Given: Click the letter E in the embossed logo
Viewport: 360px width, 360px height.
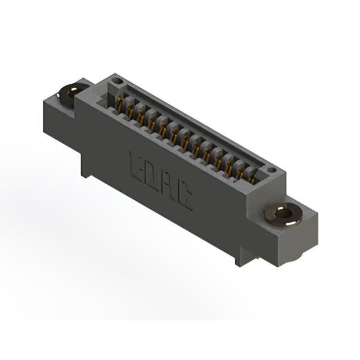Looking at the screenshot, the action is click(136, 166).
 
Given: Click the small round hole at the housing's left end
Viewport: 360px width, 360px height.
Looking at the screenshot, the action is click(117, 80).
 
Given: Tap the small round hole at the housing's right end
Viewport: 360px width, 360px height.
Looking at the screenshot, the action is click(272, 170).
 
